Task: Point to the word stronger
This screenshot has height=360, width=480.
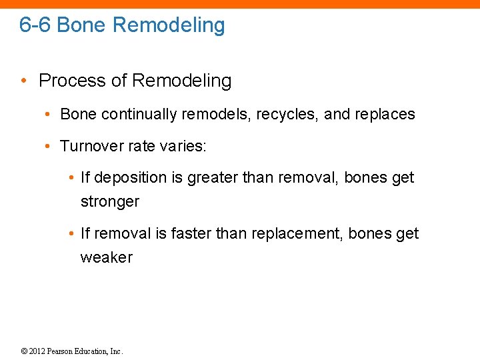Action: tap(109, 201)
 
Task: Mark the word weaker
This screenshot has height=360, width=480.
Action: tap(107, 257)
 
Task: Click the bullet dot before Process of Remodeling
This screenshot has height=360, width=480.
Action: tap(23, 81)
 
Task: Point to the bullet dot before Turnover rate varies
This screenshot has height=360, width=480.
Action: tap(47, 146)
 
